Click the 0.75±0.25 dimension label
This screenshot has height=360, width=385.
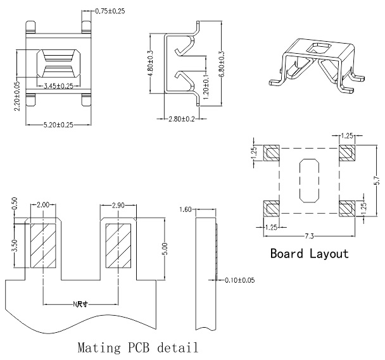click(110, 11)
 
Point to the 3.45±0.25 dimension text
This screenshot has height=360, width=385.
click(59, 85)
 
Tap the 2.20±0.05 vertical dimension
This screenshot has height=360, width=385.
click(17, 95)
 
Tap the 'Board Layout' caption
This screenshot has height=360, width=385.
click(309, 254)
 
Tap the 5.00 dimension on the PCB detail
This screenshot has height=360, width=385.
click(165, 245)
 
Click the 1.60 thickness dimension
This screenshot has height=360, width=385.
click(186, 209)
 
